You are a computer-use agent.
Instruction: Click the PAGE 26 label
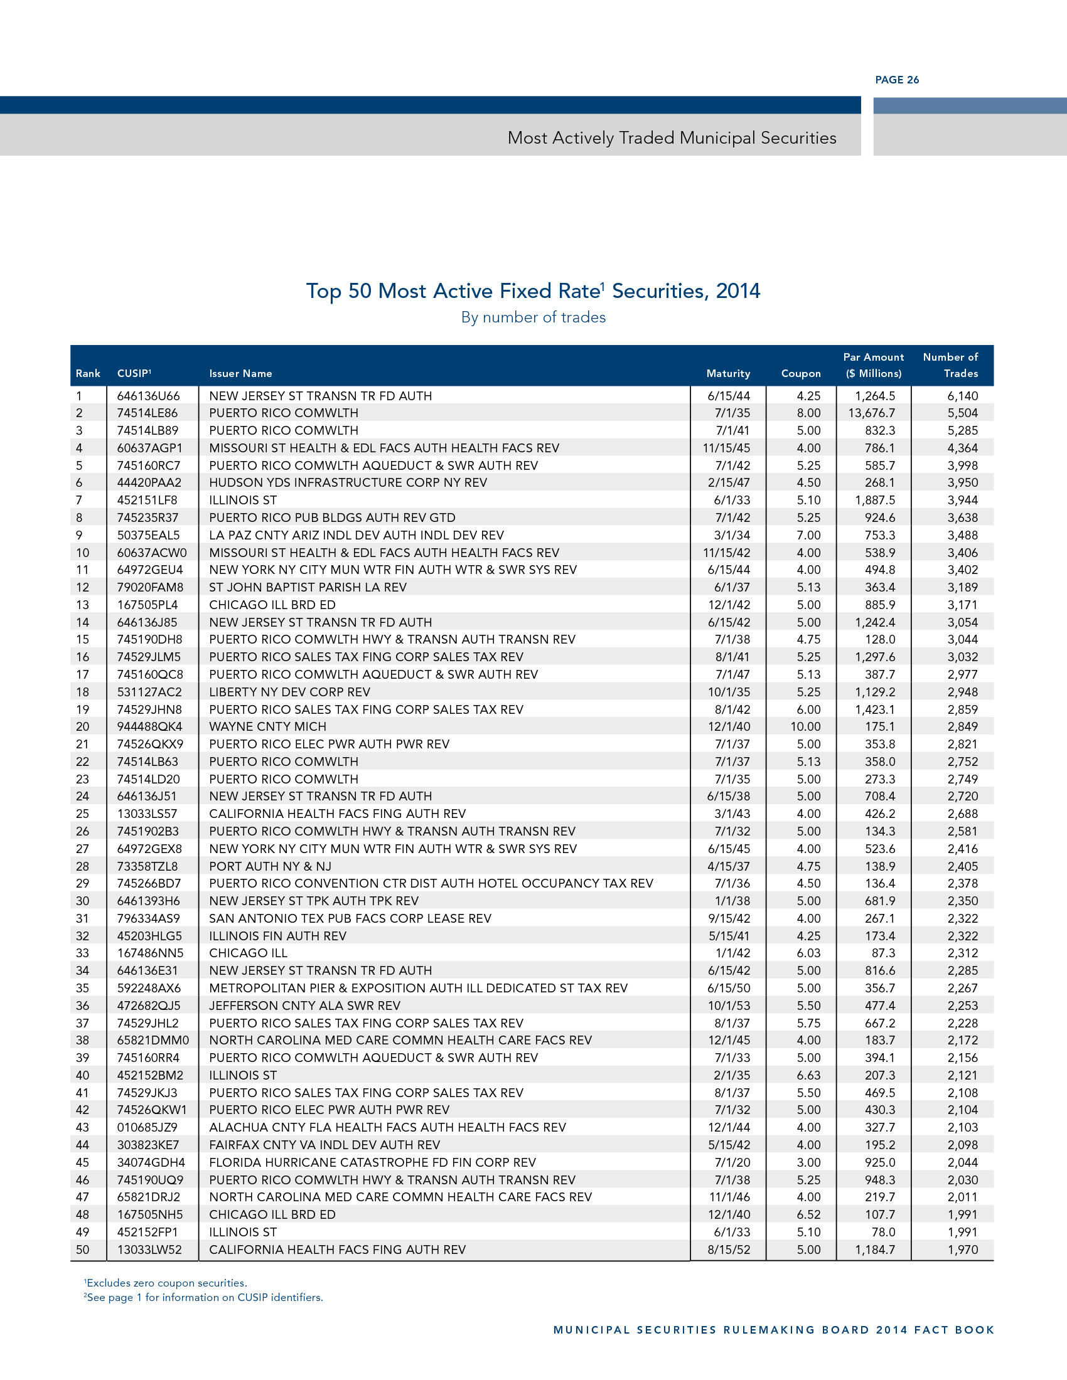(896, 80)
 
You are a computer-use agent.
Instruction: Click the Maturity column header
(727, 373)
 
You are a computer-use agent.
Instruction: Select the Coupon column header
(800, 373)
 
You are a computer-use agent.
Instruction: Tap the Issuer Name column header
(240, 373)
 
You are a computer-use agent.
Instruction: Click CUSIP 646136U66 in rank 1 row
(148, 396)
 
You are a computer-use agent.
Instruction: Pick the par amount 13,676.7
(871, 413)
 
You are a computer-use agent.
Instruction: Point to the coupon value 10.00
(805, 726)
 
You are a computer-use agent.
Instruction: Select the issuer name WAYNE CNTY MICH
(267, 726)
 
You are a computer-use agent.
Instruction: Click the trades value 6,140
(962, 396)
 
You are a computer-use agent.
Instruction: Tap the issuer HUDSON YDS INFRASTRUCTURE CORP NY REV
(348, 483)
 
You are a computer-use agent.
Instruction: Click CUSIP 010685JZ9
(147, 1127)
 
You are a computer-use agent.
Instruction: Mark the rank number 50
(82, 1249)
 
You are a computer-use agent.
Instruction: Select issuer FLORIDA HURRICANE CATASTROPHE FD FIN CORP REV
(372, 1162)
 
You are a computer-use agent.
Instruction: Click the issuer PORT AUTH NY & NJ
(270, 866)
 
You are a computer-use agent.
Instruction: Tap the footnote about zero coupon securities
(166, 1283)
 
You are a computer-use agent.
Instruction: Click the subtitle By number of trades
(533, 317)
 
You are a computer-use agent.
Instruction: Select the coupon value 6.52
(808, 1214)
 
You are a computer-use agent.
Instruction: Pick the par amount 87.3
(882, 953)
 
